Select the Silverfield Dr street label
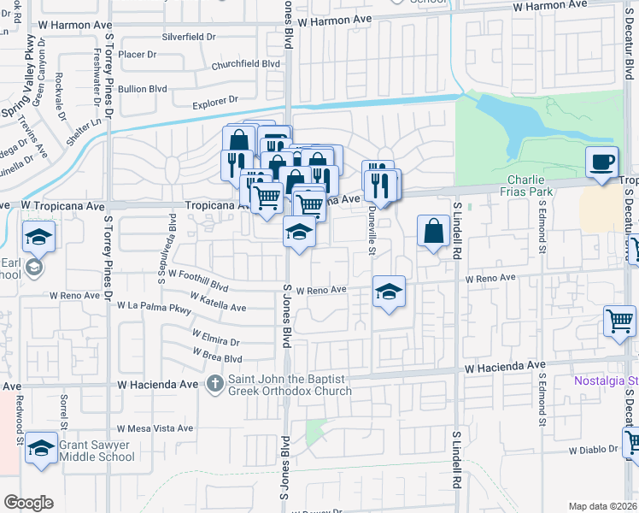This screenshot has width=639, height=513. (x=188, y=38)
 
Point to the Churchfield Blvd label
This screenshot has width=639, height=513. (x=246, y=63)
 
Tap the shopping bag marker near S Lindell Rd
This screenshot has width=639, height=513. (x=433, y=230)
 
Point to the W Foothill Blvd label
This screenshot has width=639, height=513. (x=198, y=279)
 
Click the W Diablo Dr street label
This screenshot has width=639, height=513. (x=592, y=449)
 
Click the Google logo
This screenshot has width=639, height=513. (x=28, y=503)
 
